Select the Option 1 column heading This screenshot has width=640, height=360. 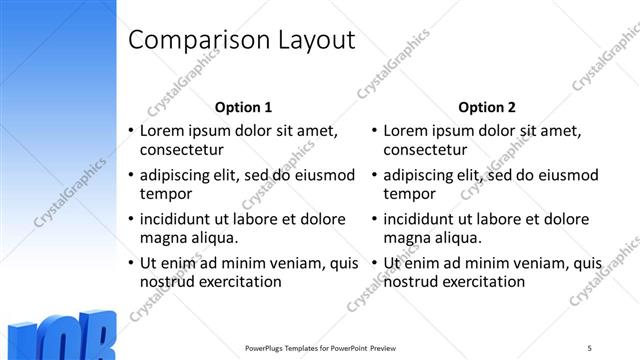coord(243,107)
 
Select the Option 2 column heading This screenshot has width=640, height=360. coord(487,107)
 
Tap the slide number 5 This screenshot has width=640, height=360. coord(590,347)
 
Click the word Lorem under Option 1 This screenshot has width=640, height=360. coord(163,130)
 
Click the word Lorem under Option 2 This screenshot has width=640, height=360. coord(407,130)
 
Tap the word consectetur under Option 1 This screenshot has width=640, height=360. coord(180,150)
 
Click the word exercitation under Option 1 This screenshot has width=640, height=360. coord(240,282)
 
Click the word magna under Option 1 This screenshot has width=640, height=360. coord(164,238)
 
